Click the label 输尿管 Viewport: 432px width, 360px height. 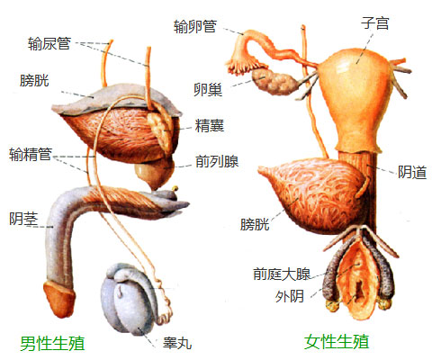tap(49, 43)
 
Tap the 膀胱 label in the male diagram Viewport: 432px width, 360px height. tap(34, 81)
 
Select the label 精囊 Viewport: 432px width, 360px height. tap(210, 125)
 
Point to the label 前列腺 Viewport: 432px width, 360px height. tap(217, 161)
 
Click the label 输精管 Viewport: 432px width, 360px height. tap(31, 155)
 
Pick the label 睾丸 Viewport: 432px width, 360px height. tap(177, 343)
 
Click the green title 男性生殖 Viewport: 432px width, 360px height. tap(52, 343)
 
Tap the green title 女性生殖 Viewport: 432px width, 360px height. tap(337, 342)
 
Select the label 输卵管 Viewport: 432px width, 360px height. tap(195, 26)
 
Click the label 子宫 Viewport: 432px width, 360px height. tap(375, 23)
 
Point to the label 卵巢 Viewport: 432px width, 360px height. tap(208, 89)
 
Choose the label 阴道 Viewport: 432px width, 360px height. tap(412, 172)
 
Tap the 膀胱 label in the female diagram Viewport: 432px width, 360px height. tap(255, 224)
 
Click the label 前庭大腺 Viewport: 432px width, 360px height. tap(282, 274)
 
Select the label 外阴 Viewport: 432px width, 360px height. tap(290, 296)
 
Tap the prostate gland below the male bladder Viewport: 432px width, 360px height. tap(155, 174)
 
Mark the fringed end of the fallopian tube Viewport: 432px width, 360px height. tap(242, 63)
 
